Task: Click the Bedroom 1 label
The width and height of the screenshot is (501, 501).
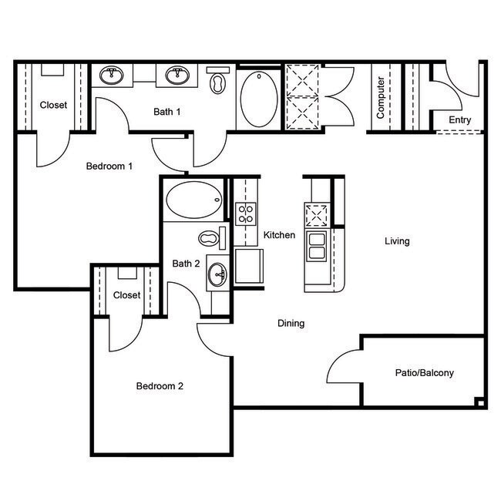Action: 109,166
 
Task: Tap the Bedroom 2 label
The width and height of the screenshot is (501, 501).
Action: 160,386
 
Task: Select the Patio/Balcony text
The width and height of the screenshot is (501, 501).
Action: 425,373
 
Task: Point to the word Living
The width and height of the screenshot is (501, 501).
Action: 397,241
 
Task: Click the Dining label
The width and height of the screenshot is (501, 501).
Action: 291,324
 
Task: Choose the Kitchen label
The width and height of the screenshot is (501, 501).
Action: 279,235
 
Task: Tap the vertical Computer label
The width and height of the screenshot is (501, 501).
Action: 381,98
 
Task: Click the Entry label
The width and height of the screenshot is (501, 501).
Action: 459,120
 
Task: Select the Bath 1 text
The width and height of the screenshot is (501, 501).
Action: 167,112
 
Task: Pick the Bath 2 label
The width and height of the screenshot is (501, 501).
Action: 186,264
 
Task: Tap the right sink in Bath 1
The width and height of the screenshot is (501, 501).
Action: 178,75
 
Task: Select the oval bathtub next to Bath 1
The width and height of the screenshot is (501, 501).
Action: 258,99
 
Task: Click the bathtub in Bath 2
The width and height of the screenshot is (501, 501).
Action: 193,200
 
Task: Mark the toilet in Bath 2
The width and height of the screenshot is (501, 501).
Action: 209,237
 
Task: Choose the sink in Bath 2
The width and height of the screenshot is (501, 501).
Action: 217,274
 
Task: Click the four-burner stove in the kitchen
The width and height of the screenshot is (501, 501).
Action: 246,213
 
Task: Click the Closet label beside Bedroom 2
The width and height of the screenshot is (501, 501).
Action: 126,295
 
